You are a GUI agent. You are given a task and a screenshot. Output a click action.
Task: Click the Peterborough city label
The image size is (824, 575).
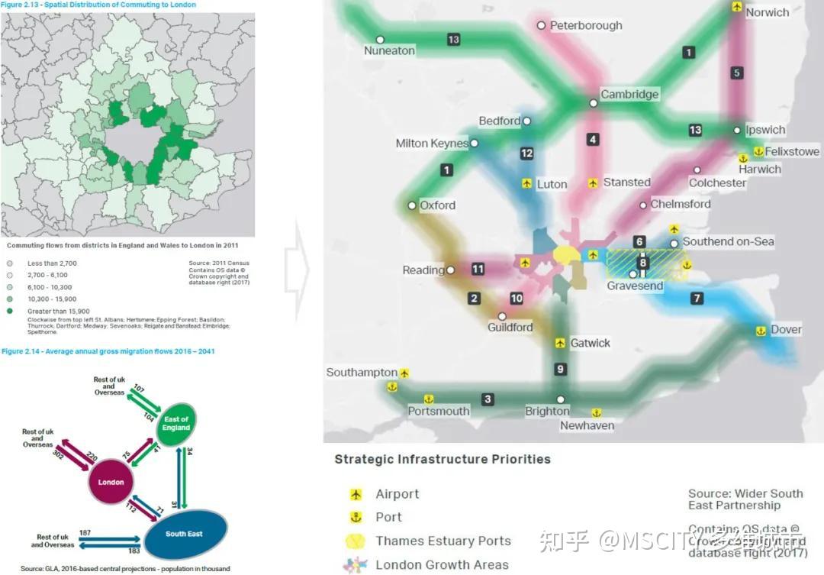click(x=586, y=25)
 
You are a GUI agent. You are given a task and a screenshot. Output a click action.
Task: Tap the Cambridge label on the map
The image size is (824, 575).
click(x=629, y=95)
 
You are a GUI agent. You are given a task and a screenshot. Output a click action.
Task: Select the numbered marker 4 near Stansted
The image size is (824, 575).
click(x=593, y=140)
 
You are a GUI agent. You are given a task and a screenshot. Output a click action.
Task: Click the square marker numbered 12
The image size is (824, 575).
click(x=526, y=153)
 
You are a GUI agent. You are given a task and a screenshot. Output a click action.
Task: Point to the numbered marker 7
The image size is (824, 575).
click(x=697, y=299)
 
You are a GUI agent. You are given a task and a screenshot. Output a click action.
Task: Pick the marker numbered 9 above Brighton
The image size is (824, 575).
click(x=561, y=370)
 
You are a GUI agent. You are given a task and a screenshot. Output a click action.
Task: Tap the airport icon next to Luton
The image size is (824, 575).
click(x=526, y=184)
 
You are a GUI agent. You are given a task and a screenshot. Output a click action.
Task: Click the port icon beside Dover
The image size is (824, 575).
click(x=761, y=331)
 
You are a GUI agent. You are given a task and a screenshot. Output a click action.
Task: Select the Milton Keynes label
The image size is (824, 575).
click(x=432, y=144)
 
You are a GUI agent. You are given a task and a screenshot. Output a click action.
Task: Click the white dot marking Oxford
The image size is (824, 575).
click(x=412, y=205)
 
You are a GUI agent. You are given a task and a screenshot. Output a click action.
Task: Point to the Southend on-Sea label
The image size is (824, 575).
click(x=728, y=241)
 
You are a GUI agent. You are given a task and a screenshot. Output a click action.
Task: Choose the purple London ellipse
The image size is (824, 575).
click(x=111, y=482)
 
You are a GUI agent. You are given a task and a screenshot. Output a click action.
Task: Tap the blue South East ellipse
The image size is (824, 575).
click(x=185, y=533)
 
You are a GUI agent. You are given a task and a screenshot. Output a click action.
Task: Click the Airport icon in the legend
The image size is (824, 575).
click(x=355, y=494)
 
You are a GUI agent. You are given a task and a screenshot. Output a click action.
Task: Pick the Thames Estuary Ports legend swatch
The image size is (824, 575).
click(x=356, y=541)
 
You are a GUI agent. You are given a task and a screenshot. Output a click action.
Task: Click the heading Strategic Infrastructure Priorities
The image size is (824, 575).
click(x=443, y=460)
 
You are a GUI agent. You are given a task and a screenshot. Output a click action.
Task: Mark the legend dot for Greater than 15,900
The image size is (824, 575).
click(x=10, y=312)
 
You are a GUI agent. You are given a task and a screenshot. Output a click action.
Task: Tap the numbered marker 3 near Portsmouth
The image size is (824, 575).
click(x=488, y=399)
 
